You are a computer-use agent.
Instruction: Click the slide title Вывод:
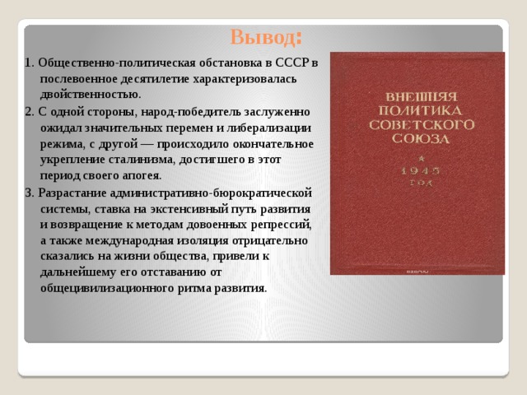pos(265,38)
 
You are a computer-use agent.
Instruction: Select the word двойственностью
pos(90,95)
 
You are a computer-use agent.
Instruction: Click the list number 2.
pos(29,111)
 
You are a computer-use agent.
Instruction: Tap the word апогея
pos(141,175)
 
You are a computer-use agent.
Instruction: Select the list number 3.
pos(29,192)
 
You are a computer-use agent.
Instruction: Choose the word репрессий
pos(284,224)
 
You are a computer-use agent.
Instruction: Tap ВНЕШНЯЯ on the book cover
pos(417,93)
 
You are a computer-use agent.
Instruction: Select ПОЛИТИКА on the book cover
pos(417,109)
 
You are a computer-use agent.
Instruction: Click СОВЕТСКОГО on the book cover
pos(417,124)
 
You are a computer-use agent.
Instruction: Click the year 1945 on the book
pos(417,170)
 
